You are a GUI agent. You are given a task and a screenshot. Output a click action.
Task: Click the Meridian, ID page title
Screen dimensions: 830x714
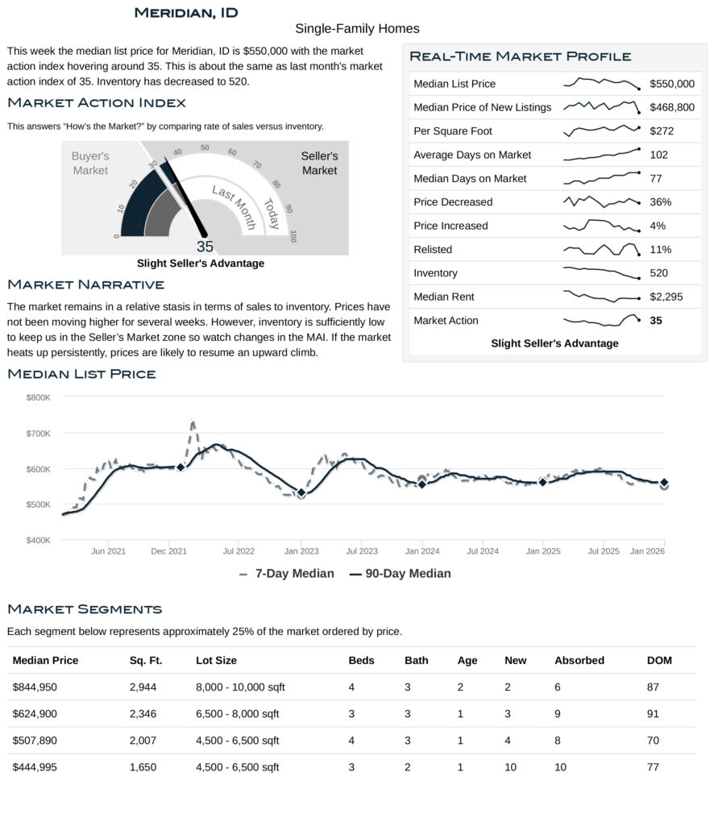(x=185, y=12)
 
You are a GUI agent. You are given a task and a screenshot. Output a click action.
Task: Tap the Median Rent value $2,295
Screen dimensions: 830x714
(x=666, y=297)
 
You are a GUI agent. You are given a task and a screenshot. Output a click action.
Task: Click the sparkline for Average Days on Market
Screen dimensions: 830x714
(x=600, y=154)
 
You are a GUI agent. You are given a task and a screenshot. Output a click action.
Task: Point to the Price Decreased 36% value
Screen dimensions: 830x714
(x=660, y=201)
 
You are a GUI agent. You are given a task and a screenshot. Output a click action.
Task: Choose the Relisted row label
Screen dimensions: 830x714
(x=433, y=249)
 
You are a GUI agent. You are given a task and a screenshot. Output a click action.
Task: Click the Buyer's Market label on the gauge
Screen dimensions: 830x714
(x=90, y=163)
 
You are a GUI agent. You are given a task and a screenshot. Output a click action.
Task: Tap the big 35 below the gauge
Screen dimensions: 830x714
(x=205, y=247)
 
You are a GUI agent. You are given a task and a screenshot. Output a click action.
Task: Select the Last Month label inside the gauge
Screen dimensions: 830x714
(x=234, y=206)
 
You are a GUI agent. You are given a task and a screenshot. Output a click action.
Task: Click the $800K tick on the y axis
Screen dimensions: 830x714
(x=38, y=397)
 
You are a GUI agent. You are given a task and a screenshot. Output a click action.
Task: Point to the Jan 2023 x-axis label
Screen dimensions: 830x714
(x=301, y=551)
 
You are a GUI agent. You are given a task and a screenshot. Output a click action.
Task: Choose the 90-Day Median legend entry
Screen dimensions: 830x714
(x=401, y=574)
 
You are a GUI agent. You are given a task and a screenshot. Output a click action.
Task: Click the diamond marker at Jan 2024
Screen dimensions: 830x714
(x=421, y=483)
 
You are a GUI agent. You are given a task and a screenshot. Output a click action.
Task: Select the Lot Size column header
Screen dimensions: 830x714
(x=216, y=660)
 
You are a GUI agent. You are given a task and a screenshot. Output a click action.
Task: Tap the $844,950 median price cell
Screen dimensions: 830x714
(x=35, y=687)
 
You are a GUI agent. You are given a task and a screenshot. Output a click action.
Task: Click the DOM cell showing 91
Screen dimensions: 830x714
(x=653, y=713)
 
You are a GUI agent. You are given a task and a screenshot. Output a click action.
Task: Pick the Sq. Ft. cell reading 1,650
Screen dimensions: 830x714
(x=143, y=767)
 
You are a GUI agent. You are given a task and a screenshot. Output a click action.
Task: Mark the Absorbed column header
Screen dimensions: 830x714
(x=579, y=660)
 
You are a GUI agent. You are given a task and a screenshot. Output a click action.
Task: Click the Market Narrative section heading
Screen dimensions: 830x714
(x=85, y=284)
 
